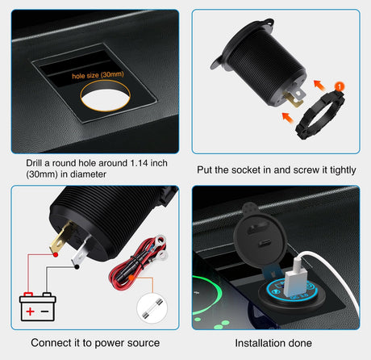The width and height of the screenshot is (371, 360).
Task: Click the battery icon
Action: click(x=37, y=308)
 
